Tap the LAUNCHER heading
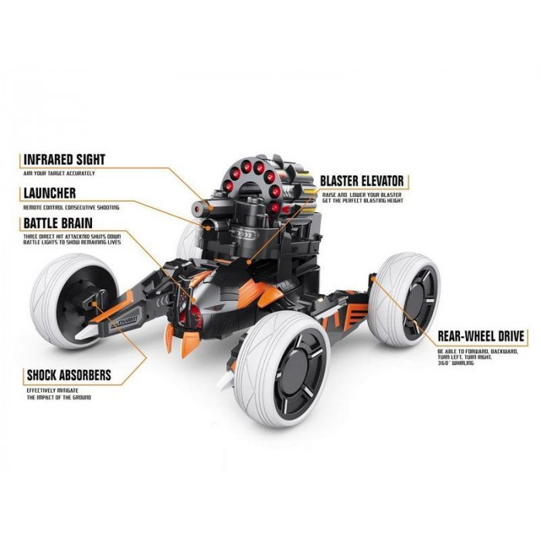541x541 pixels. pos(49,192)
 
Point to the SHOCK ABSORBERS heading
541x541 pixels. pos(69,376)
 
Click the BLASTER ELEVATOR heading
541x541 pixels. pos(361,182)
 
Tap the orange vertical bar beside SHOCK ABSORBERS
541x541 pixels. pos(21,383)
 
